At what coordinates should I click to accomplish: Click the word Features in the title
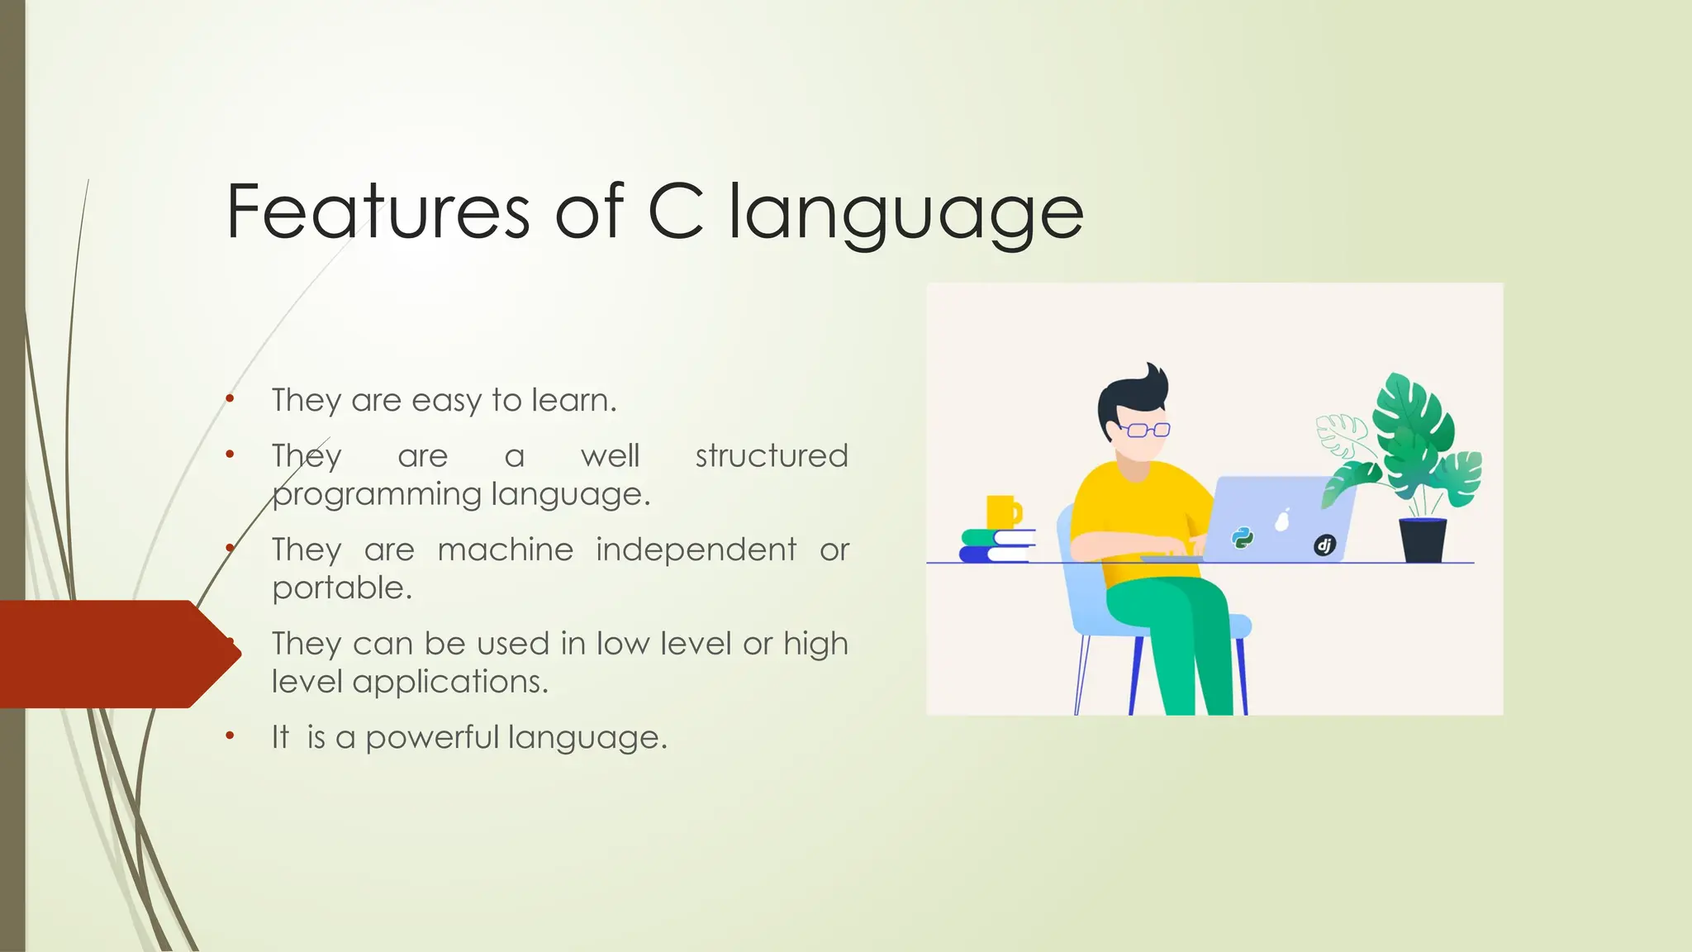[x=378, y=212]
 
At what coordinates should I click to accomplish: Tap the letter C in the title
[x=676, y=212]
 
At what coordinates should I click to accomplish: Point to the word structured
[x=771, y=455]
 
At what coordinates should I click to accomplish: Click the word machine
[x=505, y=550]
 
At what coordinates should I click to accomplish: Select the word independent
[x=696, y=550]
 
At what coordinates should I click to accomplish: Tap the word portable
[x=340, y=588]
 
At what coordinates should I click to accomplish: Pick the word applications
[x=449, y=682]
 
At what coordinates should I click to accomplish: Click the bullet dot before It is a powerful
[x=230, y=735]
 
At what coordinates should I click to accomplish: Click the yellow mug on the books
[x=1002, y=512]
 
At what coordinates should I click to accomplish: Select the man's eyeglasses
[x=1147, y=430]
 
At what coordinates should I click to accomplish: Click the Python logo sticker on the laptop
[x=1242, y=538]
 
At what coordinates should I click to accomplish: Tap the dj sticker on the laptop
[x=1324, y=545]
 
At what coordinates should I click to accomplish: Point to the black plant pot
[x=1423, y=540]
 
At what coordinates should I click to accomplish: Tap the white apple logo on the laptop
[x=1282, y=521]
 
